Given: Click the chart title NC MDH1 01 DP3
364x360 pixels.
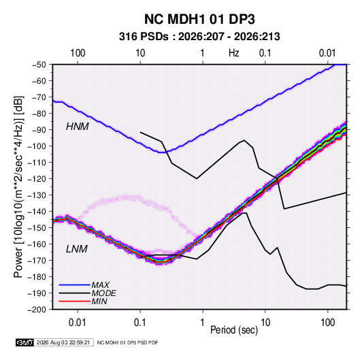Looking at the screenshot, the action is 199,19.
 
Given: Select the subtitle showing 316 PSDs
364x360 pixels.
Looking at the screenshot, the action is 199,37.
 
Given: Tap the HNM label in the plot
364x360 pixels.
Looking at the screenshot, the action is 78,127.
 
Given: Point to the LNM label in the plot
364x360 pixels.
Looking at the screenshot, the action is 77,249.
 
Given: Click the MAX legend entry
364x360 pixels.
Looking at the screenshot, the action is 100,285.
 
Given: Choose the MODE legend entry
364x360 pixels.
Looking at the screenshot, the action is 104,293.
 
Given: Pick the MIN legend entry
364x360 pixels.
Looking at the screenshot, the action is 99,301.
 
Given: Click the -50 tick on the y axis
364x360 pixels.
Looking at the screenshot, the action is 39,65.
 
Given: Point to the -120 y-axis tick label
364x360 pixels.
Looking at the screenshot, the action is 37,179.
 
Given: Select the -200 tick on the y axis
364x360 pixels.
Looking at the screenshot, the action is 37,310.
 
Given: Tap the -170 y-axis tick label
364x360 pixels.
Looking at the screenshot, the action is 37,261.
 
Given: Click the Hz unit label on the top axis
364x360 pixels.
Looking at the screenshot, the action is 233,53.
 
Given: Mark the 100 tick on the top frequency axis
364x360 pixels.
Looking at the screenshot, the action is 78,53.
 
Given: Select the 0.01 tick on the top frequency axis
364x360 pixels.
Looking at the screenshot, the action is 327,53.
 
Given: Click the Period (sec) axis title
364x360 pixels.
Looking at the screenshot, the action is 234,330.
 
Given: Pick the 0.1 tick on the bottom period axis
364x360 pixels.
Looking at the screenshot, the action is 140,323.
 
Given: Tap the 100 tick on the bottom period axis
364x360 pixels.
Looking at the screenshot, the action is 327,323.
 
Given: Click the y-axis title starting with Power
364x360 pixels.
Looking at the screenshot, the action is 18,186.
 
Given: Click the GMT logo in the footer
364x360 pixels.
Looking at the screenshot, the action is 24,342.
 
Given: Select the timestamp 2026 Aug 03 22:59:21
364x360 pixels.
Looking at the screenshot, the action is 63,342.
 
